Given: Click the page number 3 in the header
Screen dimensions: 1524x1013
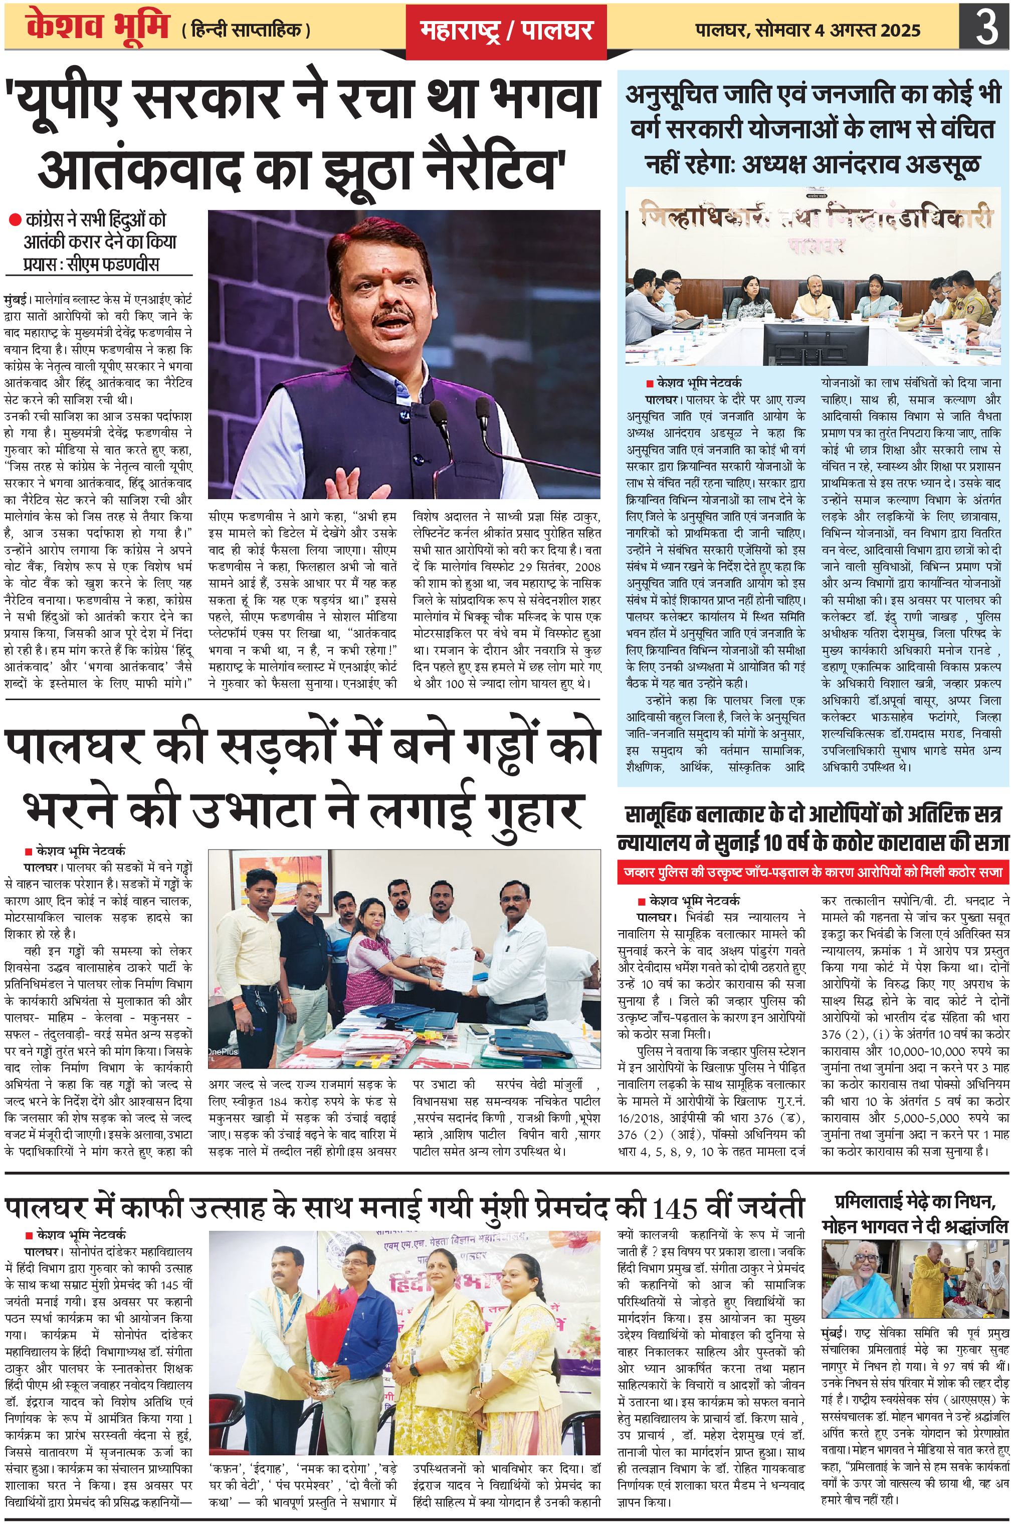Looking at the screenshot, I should click(986, 28).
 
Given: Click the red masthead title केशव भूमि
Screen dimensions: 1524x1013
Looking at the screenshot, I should click(97, 27).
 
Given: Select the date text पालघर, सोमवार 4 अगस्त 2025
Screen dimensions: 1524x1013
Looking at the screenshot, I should click(807, 31).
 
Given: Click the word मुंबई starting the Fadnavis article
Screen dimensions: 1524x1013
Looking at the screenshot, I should click(15, 300).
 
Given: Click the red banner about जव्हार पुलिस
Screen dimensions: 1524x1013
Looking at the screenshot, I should click(813, 873).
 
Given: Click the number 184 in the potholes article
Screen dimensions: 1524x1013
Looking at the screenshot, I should click(278, 1101).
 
